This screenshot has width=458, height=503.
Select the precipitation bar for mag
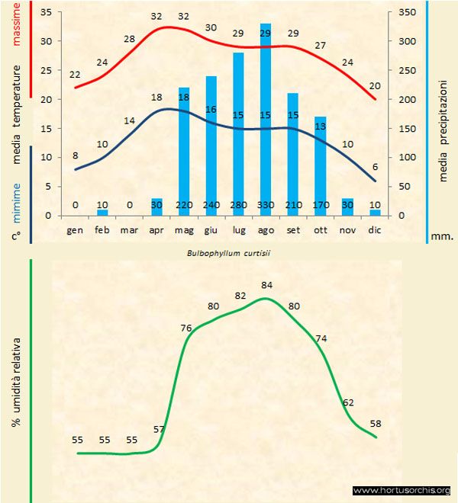tap(184, 152)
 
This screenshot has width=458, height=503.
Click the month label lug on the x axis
tap(238, 229)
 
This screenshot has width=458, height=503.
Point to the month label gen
tap(75, 229)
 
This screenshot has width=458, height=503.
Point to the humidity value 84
tap(266, 285)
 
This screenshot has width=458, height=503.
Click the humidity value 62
tap(348, 402)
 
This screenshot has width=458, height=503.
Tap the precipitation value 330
tap(266, 205)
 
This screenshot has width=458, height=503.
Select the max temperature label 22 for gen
tap(75, 75)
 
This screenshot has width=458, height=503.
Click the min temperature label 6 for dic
tap(375, 168)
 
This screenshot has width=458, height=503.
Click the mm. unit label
tap(443, 236)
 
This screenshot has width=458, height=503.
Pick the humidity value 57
tap(159, 430)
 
